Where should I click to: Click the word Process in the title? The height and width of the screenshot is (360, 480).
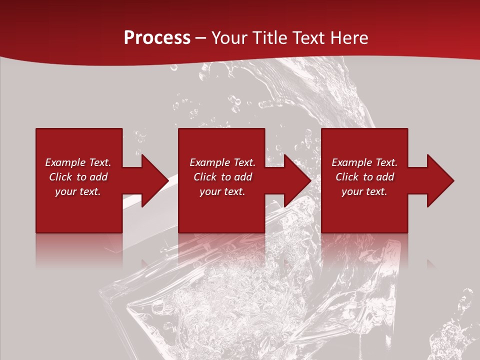157,38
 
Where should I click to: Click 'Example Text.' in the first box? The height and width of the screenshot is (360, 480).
78,162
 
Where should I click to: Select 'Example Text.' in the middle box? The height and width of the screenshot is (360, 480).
222,162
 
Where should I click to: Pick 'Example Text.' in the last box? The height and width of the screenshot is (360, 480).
364,162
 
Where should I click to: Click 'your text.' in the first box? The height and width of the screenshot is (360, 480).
78,191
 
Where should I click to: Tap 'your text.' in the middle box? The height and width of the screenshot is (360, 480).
222,191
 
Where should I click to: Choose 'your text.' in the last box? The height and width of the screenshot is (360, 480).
364,191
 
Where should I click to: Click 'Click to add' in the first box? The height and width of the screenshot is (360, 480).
78,177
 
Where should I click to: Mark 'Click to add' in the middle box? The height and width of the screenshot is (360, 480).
222,177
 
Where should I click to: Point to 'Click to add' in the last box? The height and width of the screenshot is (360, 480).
364,177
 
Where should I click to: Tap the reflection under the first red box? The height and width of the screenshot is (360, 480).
79,247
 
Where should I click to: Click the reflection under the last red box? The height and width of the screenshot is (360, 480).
364,247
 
